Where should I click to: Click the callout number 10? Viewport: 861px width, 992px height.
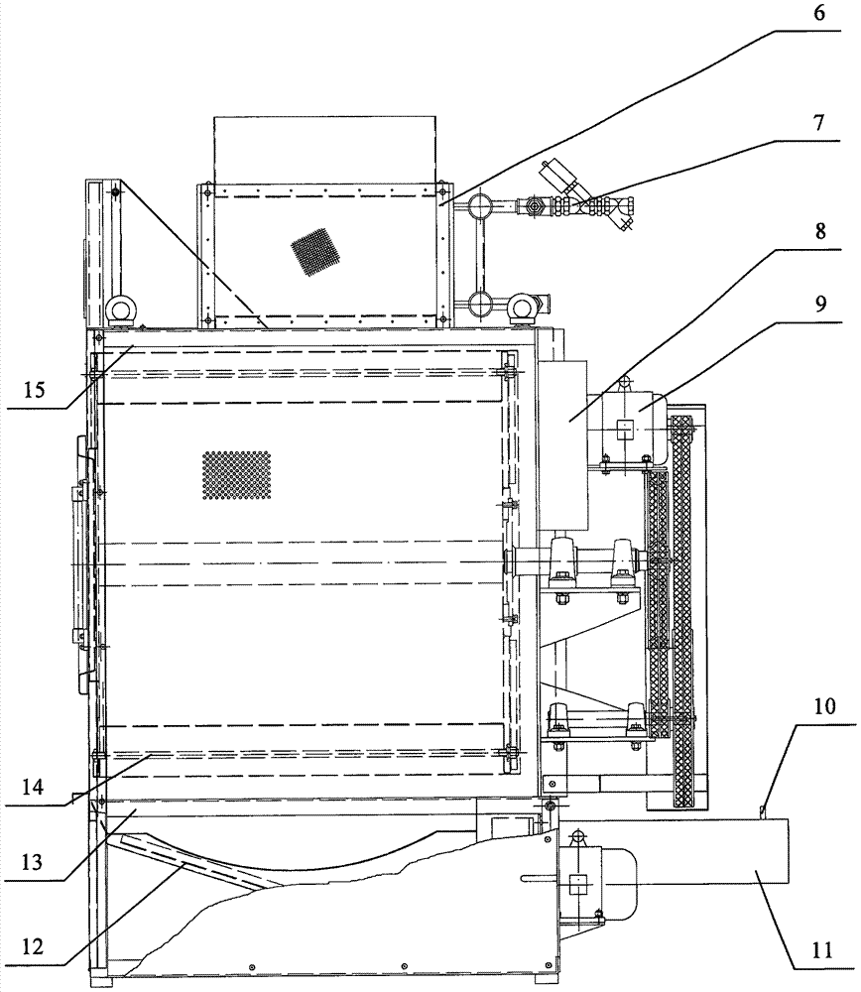click(825, 707)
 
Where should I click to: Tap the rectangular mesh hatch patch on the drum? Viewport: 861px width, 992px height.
click(236, 474)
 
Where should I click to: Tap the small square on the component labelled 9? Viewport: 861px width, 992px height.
click(624, 429)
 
